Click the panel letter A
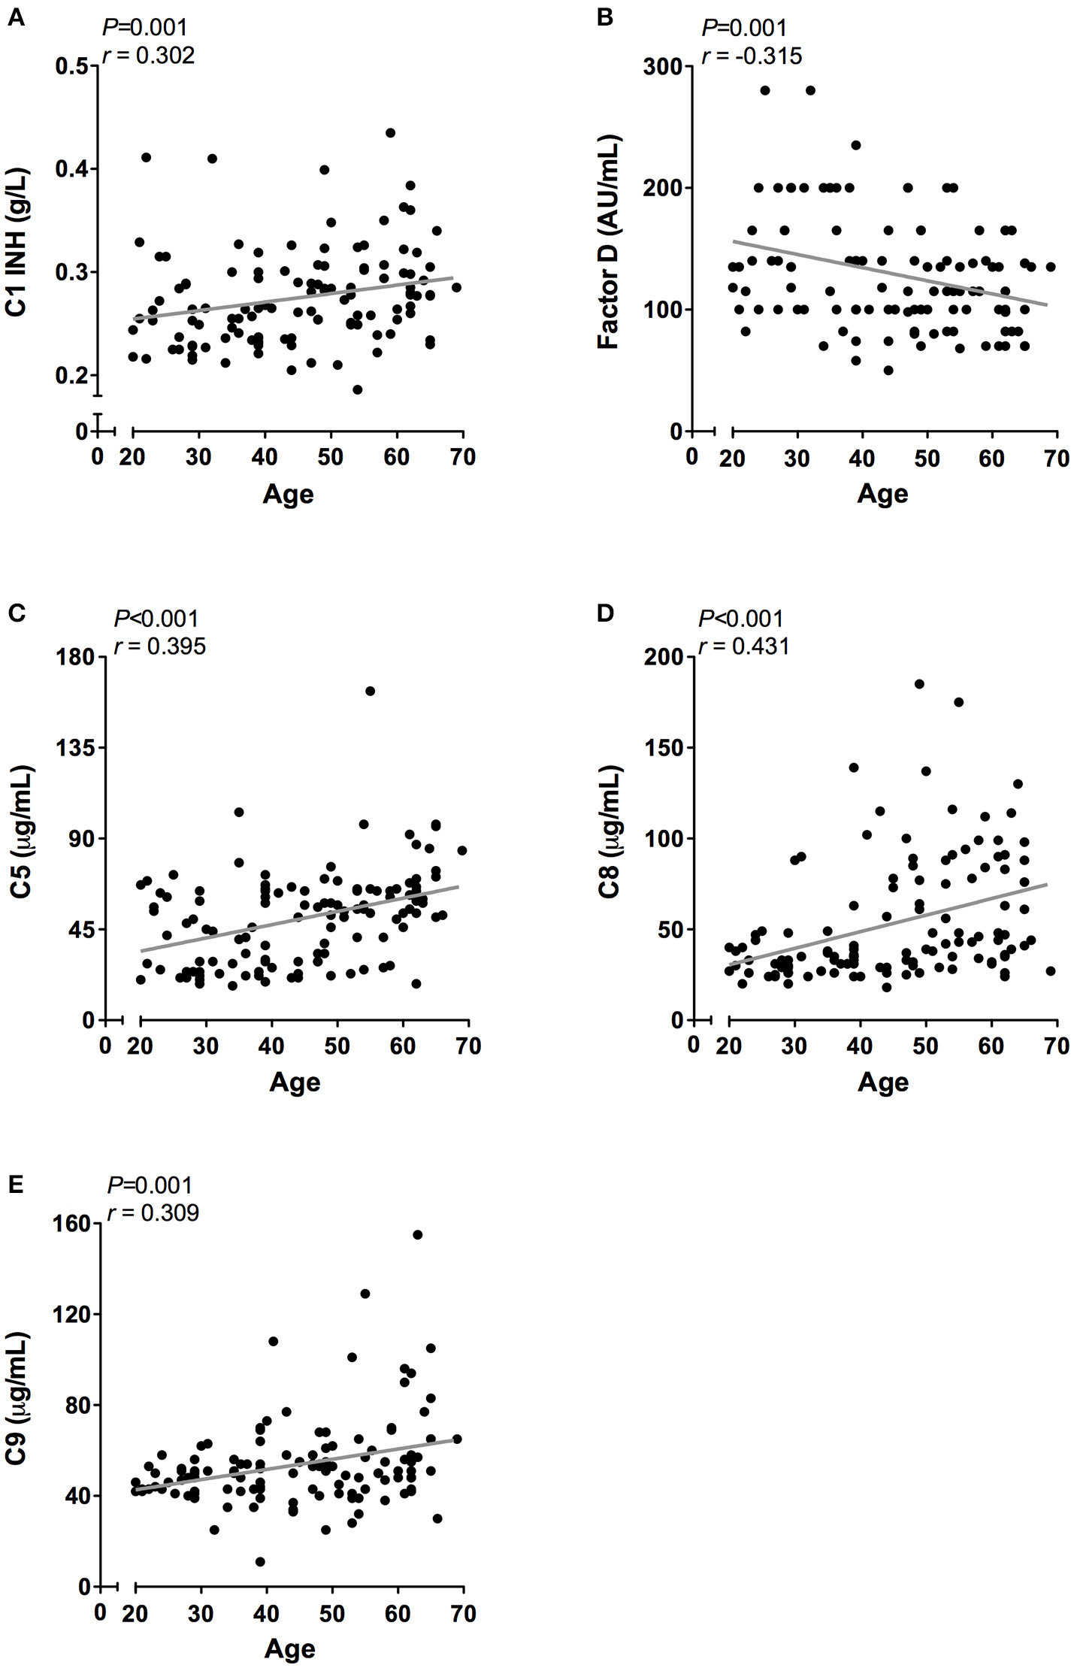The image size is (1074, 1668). point(15,17)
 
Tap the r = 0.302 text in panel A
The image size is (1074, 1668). point(148,56)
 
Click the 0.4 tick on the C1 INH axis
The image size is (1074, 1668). point(72,169)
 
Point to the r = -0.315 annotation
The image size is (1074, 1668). point(752,56)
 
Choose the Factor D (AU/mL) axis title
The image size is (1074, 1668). point(608,242)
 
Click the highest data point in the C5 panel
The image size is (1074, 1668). point(370,691)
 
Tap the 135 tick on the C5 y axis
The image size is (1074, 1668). point(76,748)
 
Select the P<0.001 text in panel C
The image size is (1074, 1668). point(156,619)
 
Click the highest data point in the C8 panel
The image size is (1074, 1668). point(919,683)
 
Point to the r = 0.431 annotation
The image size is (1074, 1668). point(744,646)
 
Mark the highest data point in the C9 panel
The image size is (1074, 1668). point(418,1234)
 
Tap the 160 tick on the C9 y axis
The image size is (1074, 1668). point(72,1224)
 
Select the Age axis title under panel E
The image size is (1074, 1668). point(289,1648)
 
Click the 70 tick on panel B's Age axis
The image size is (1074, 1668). point(1057,459)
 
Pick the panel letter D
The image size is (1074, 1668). point(604,613)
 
